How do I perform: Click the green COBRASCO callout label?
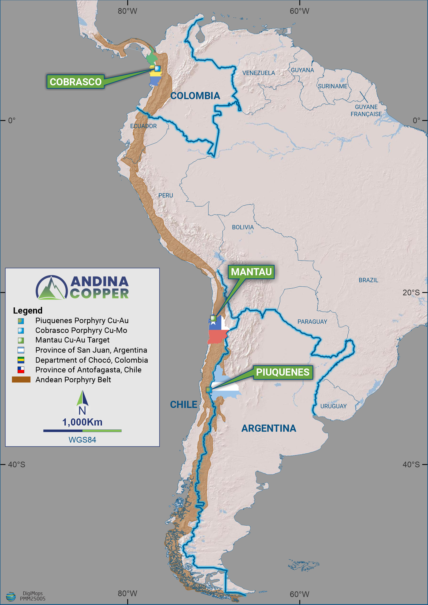click(x=76, y=82)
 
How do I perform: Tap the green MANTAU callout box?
click(x=251, y=272)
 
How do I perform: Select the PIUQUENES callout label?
click(x=282, y=372)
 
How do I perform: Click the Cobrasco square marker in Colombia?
click(x=157, y=68)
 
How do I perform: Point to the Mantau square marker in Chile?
click(x=213, y=318)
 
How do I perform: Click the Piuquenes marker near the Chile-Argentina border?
click(x=209, y=389)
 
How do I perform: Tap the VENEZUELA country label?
click(x=258, y=73)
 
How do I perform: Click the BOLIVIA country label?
click(x=243, y=227)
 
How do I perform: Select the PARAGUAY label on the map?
click(x=312, y=321)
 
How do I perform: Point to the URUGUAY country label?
click(x=333, y=406)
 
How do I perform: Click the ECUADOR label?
click(x=143, y=126)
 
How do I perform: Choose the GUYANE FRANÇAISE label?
click(x=366, y=110)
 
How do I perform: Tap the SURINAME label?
click(x=333, y=86)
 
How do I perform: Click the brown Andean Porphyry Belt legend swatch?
click(x=21, y=379)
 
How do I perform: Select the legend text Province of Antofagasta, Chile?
click(x=88, y=370)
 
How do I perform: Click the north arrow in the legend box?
click(x=83, y=398)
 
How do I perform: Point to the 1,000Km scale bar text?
click(x=82, y=422)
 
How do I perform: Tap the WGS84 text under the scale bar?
click(x=82, y=440)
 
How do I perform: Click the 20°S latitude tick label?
click(x=411, y=292)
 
